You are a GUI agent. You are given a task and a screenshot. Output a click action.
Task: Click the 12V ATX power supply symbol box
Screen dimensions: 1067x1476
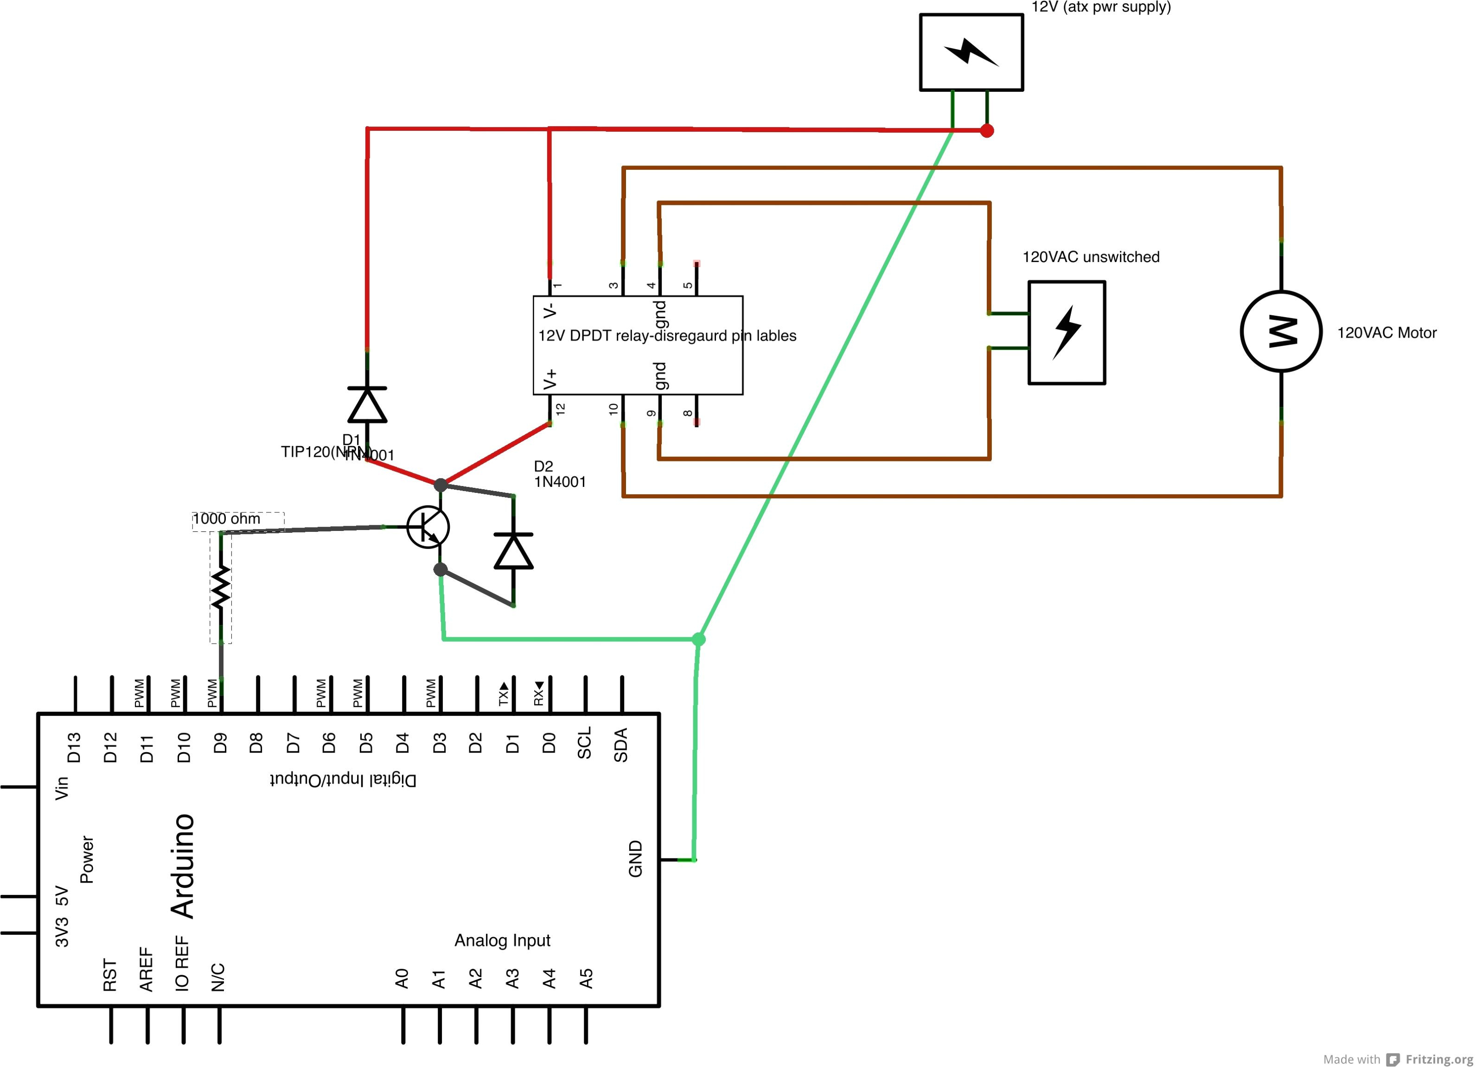click(x=971, y=52)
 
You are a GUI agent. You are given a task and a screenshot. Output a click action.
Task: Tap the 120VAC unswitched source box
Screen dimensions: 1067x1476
click(x=1067, y=332)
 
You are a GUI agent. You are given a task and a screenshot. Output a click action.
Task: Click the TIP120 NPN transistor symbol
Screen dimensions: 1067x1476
click(x=428, y=526)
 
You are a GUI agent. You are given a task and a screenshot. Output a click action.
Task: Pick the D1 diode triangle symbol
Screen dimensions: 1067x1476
click(x=368, y=405)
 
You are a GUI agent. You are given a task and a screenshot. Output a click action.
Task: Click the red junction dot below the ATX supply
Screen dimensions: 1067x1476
click(x=987, y=131)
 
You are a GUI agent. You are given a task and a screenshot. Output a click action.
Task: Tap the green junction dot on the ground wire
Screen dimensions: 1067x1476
click(x=698, y=639)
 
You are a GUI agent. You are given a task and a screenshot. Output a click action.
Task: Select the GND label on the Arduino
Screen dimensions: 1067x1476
click(x=636, y=858)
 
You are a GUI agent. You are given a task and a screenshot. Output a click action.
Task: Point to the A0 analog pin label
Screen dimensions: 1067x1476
click(x=402, y=978)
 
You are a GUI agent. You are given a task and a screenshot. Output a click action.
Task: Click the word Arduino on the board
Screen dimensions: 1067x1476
click(x=183, y=865)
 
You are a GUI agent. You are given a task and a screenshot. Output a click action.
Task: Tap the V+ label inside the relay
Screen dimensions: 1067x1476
click(x=550, y=379)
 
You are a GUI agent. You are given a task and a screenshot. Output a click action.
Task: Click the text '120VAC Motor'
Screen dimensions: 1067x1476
click(x=1386, y=333)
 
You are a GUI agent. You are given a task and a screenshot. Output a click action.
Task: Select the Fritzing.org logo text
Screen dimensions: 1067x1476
click(x=1439, y=1059)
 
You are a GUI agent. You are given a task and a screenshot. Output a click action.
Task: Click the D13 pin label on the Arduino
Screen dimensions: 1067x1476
click(x=74, y=747)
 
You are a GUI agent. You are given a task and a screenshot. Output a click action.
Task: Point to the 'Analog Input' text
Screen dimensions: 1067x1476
click(x=502, y=940)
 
